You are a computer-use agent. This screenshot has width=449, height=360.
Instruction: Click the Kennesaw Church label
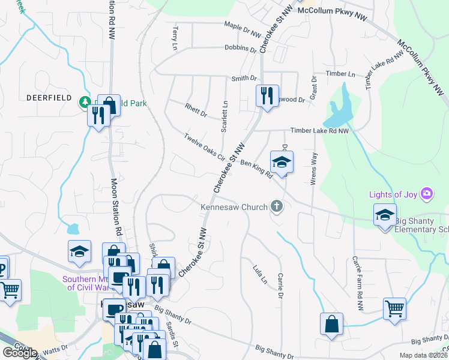(x=234, y=208)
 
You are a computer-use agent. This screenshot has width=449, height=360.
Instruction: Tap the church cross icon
(x=277, y=207)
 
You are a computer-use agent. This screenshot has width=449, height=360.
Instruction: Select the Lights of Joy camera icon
(x=427, y=193)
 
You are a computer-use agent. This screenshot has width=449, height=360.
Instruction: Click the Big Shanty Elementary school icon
(x=385, y=215)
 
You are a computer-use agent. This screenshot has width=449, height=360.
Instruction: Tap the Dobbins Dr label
(x=241, y=48)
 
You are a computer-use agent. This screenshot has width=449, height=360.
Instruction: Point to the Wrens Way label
(x=313, y=169)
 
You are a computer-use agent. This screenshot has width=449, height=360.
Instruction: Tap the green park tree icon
(x=85, y=103)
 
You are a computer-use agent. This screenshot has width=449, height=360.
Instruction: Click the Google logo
(x=20, y=352)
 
